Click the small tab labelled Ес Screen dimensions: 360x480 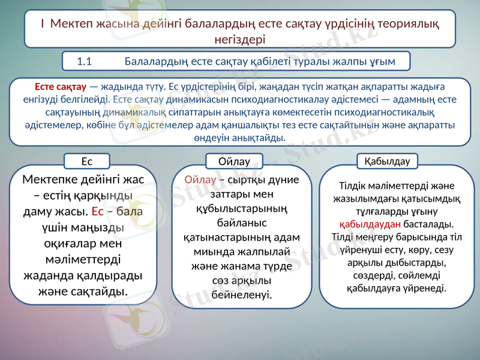tap(87, 161)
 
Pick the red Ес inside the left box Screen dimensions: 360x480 tap(99, 212)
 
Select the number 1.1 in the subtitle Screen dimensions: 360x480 tap(84, 61)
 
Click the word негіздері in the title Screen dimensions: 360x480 tap(240, 39)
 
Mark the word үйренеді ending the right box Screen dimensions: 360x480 tap(427, 288)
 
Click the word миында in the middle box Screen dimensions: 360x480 tap(204, 252)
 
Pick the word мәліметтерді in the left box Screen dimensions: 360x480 tap(88, 260)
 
